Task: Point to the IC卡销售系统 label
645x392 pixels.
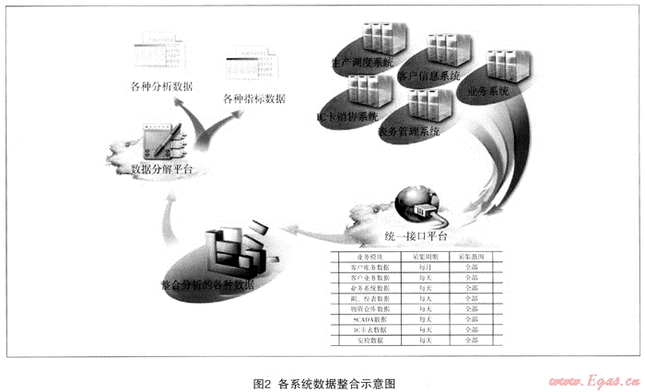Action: pos(349,117)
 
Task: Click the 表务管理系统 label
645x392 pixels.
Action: pos(409,131)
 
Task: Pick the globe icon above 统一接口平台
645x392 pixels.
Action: pos(414,200)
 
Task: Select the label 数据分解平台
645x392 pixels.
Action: pos(161,169)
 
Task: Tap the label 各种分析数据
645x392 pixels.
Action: pos(164,86)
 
